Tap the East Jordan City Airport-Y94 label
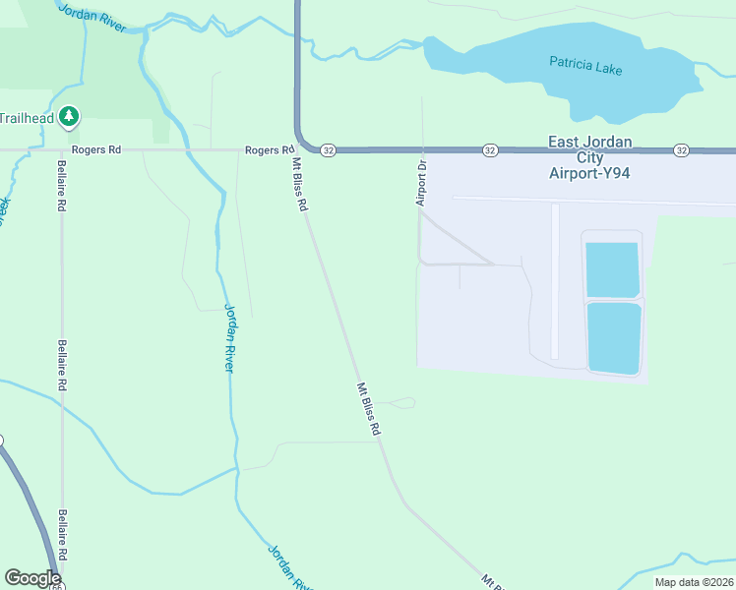point(589,157)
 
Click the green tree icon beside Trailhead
point(69,118)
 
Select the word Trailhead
point(27,118)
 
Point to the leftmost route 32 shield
point(328,150)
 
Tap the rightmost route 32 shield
point(681,150)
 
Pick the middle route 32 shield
point(489,150)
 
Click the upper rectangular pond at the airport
point(613,269)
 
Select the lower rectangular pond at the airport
point(614,338)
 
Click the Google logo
point(32,578)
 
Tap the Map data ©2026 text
point(694,582)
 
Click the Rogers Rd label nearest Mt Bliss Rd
point(269,150)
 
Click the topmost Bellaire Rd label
point(62,186)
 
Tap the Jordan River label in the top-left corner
point(92,17)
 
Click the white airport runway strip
point(555,280)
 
